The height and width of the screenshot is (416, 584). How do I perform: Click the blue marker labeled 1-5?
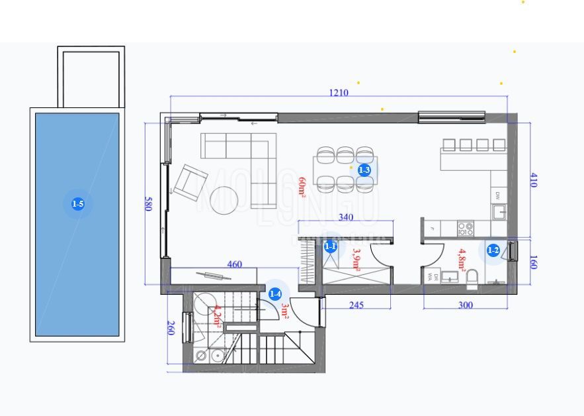(77, 204)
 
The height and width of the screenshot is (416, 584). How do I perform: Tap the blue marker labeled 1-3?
(364, 170)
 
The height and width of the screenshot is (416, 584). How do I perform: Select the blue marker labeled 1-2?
(493, 250)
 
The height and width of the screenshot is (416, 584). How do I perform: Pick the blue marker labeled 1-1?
(331, 247)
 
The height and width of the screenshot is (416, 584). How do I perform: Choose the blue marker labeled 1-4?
(275, 293)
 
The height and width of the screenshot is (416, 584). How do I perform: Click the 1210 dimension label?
(338, 93)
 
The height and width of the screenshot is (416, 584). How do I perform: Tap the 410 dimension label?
(532, 180)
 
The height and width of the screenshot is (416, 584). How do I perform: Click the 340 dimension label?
(345, 217)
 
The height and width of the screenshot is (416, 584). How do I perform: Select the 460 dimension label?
(234, 264)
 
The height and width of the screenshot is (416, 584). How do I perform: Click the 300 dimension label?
(466, 305)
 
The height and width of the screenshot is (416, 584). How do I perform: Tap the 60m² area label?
(303, 187)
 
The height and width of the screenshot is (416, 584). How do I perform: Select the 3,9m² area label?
(356, 260)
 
